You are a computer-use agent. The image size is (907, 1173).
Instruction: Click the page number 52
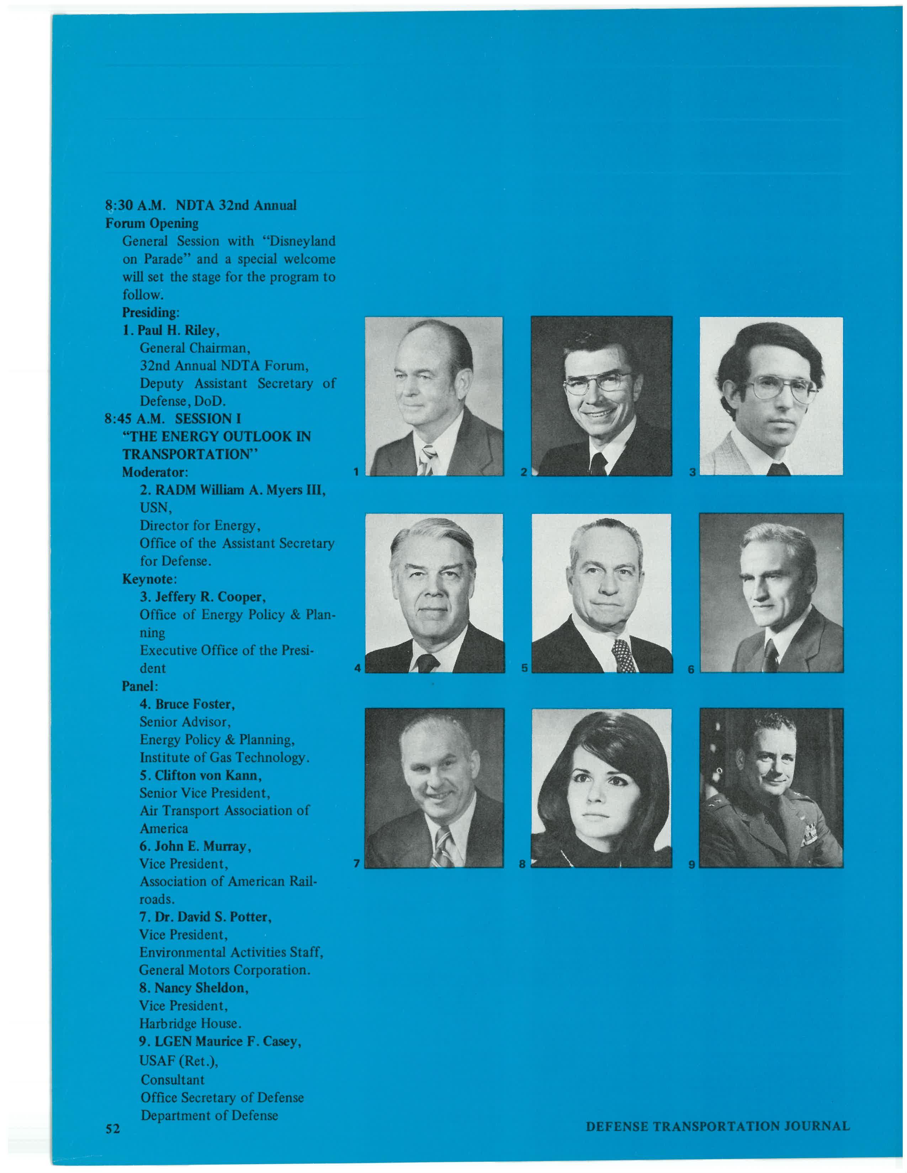pyautogui.click(x=112, y=1129)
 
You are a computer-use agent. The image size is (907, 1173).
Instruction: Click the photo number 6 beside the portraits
pyautogui.click(x=691, y=669)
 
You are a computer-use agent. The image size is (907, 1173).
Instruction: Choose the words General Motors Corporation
pyautogui.click(x=224, y=970)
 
